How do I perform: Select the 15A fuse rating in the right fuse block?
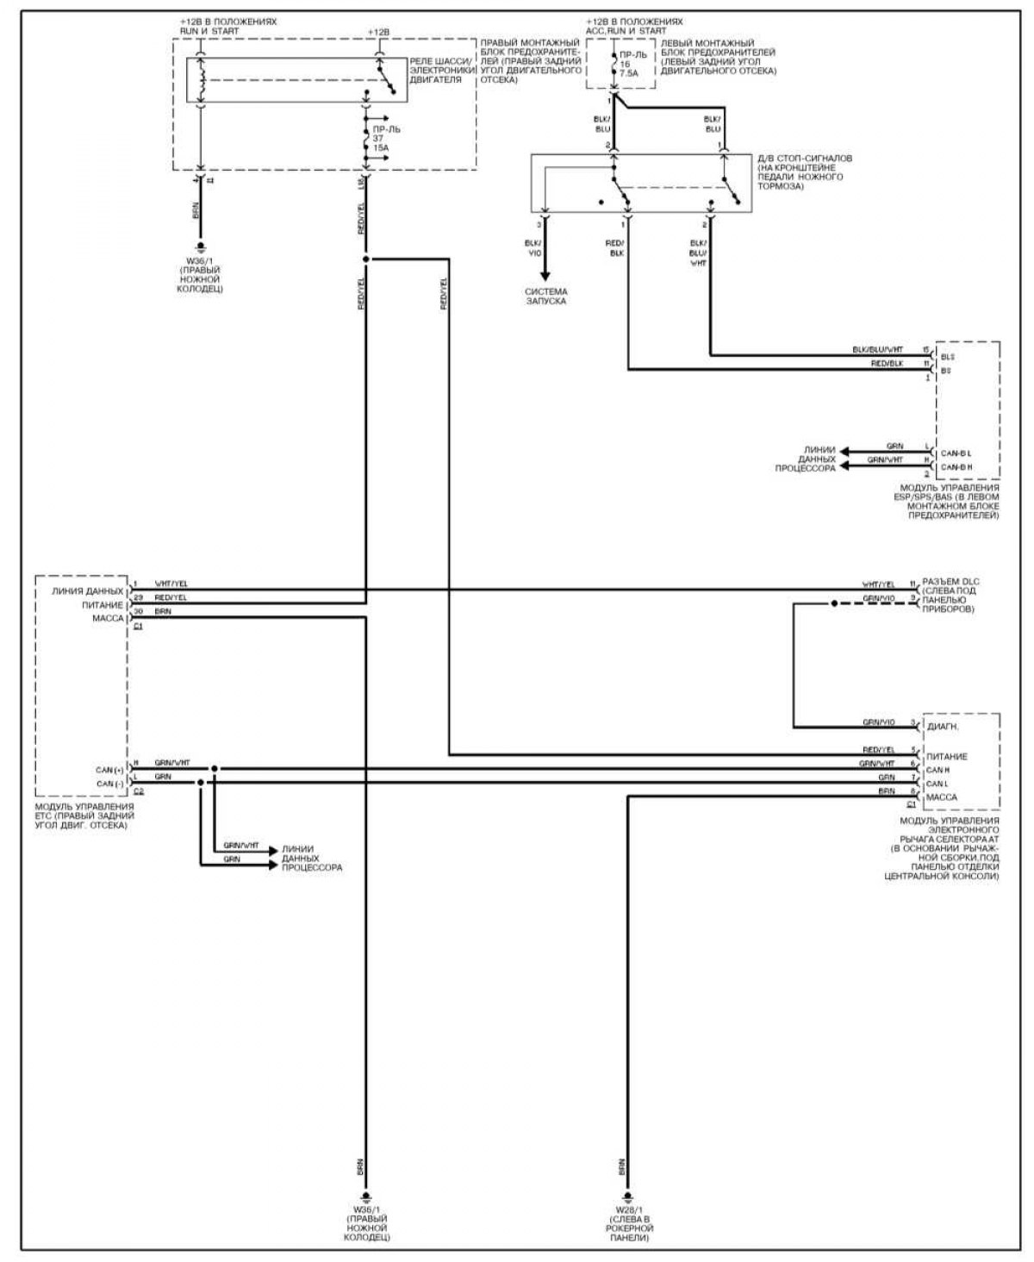[380, 147]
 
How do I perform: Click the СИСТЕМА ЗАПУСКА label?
[546, 297]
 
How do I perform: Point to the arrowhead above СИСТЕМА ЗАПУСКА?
[546, 277]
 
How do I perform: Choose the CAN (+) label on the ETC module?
[109, 769]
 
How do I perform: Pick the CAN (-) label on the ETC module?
[109, 784]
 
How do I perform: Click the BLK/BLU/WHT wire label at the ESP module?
[877, 350]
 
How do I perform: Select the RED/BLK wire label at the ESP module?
[888, 365]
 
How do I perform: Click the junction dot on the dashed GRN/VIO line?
[833, 603]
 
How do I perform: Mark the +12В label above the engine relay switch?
[377, 32]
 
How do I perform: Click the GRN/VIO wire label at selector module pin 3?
[878, 722]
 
